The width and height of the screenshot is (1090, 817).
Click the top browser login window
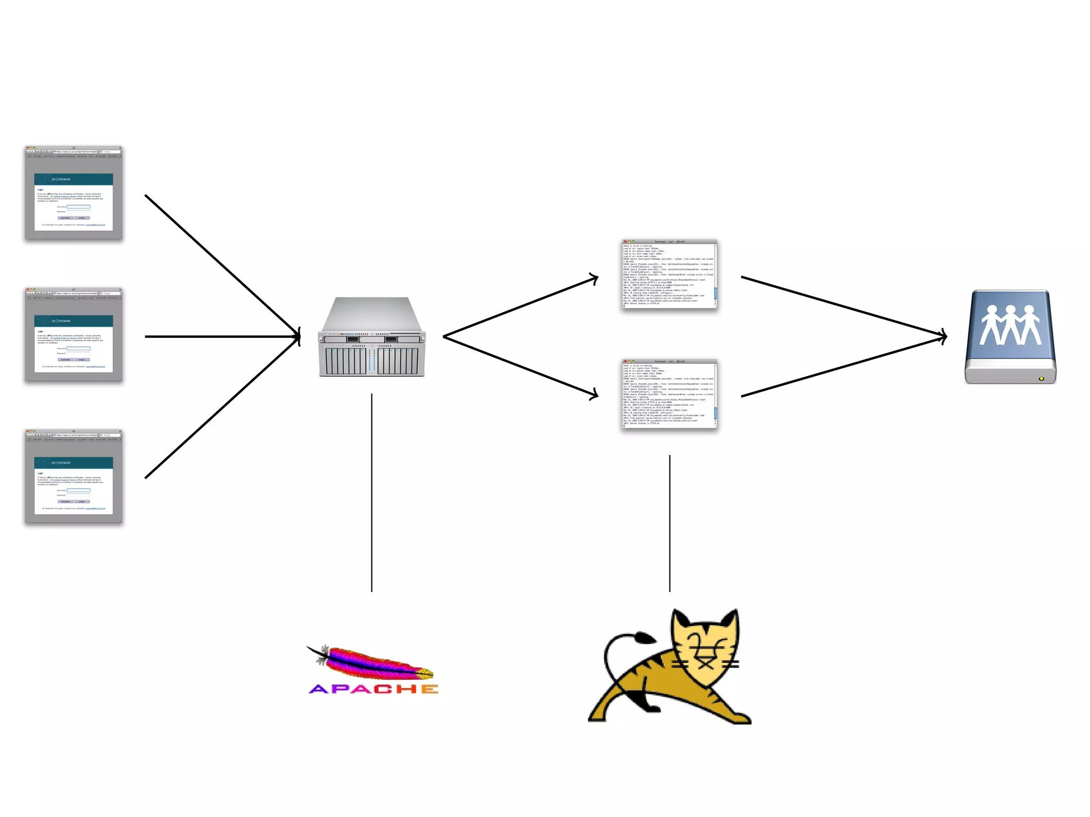pyautogui.click(x=73, y=193)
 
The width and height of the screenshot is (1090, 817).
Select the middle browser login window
pyautogui.click(x=73, y=335)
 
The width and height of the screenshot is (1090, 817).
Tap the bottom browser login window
pyautogui.click(x=73, y=477)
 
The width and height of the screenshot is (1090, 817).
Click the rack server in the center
pyautogui.click(x=372, y=337)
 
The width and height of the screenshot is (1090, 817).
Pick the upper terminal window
pyautogui.click(x=670, y=274)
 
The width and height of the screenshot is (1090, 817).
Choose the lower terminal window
pyautogui.click(x=670, y=394)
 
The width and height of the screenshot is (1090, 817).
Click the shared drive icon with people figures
pyautogui.click(x=1010, y=336)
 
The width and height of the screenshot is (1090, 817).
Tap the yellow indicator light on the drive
pyautogui.click(x=1041, y=379)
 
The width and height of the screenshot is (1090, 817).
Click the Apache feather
pyautogui.click(x=373, y=663)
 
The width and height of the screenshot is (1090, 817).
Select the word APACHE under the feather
pyautogui.click(x=374, y=689)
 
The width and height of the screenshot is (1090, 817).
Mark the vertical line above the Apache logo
pyautogui.click(x=371, y=492)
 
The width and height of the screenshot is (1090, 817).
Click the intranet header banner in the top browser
pyautogui.click(x=73, y=179)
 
